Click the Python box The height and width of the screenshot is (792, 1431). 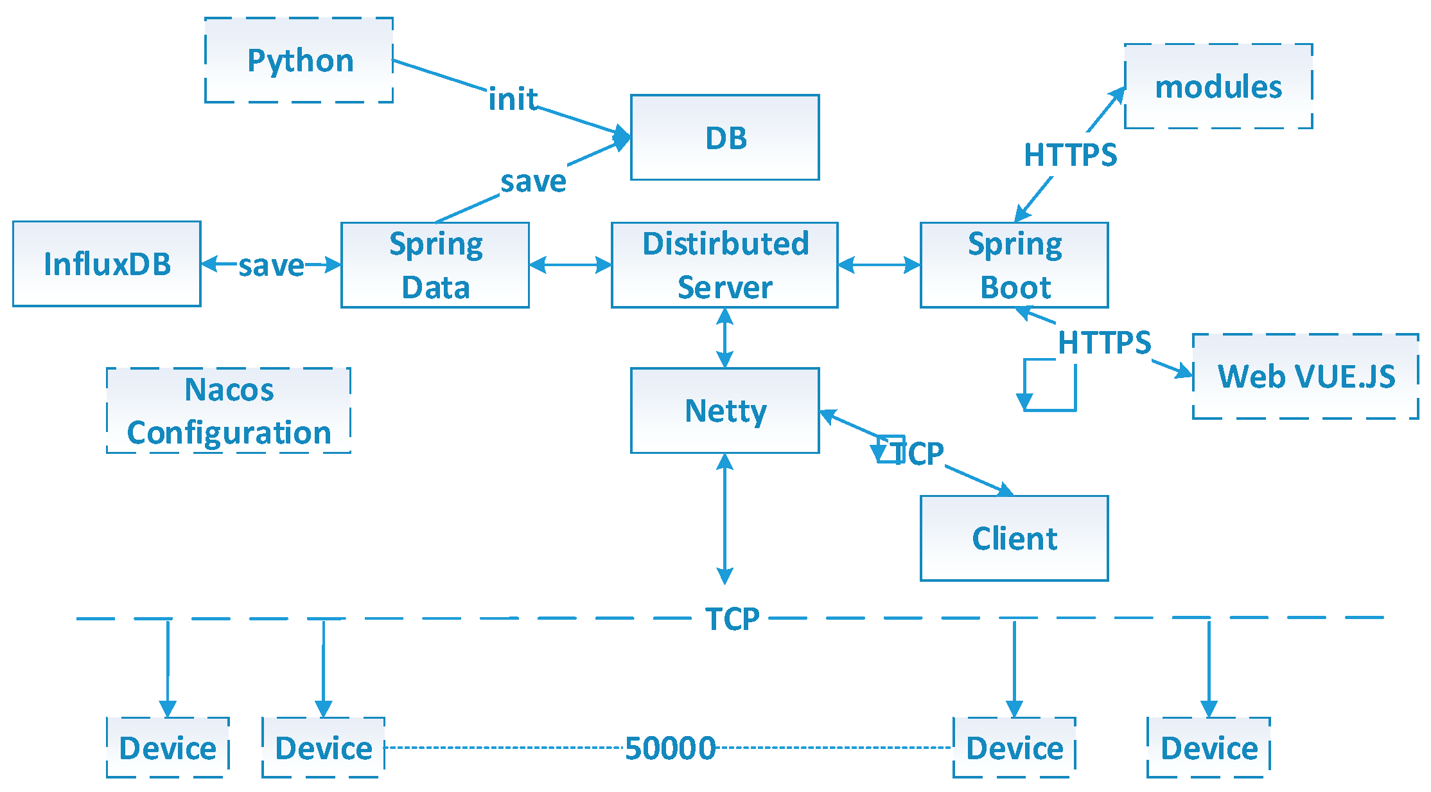click(x=299, y=60)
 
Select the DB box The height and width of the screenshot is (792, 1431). click(x=724, y=138)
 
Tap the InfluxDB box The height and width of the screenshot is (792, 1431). click(x=107, y=264)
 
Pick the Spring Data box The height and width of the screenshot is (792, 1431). click(x=435, y=265)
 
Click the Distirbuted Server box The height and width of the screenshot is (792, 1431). click(x=724, y=265)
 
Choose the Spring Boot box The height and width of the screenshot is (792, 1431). click(x=1014, y=265)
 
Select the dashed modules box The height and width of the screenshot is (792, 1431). click(x=1218, y=86)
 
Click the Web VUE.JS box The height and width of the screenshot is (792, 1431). click(x=1305, y=376)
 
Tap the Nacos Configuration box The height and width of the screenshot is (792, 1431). click(x=229, y=410)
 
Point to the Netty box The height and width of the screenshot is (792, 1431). click(x=724, y=410)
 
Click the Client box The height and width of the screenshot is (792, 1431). click(x=1014, y=538)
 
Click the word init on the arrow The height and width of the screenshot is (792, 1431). click(x=513, y=100)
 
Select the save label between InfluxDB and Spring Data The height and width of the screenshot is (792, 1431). click(x=271, y=265)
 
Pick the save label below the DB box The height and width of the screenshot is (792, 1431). click(x=533, y=181)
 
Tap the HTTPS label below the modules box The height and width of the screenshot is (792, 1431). click(x=1070, y=155)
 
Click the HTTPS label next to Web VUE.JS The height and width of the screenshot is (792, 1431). click(x=1104, y=343)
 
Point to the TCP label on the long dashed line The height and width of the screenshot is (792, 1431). click(x=732, y=618)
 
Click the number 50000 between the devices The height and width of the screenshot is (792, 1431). click(x=670, y=748)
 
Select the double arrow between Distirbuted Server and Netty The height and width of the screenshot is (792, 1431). click(x=724, y=338)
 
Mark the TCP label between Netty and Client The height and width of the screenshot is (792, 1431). click(x=918, y=453)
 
